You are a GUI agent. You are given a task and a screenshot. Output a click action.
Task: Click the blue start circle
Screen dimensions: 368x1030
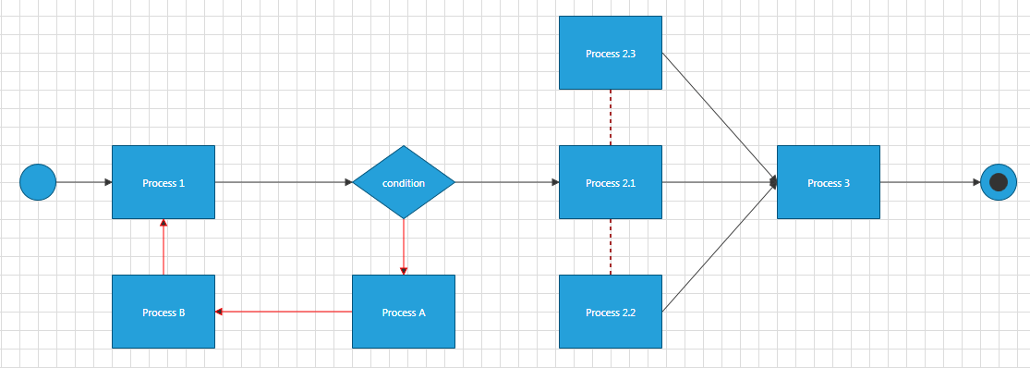pos(38,182)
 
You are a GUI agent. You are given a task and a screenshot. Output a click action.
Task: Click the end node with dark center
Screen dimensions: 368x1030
pos(998,182)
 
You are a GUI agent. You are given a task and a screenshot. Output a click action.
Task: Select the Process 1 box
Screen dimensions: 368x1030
pos(164,182)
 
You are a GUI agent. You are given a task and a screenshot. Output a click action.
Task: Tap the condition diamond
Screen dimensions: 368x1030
pos(404,182)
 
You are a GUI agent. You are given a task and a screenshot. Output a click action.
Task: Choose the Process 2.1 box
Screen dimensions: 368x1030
pos(611,182)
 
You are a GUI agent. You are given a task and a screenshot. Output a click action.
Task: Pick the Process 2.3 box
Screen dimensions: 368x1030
pos(611,53)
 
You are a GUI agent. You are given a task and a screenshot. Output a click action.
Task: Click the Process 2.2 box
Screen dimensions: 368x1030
pos(611,312)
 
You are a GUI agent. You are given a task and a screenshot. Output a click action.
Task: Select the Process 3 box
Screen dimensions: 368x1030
pos(829,182)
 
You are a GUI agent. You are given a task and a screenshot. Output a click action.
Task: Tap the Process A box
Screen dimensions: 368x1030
pos(404,312)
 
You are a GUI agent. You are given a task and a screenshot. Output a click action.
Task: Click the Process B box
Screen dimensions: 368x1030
pos(164,312)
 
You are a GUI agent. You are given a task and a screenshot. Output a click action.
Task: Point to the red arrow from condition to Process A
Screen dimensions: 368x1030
pos(404,246)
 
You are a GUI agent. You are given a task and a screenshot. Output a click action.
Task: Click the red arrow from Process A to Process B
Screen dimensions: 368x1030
pos(284,312)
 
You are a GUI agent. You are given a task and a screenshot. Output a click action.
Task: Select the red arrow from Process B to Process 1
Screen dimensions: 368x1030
pos(164,247)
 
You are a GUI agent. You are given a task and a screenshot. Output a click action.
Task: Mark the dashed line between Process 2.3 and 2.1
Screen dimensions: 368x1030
pos(611,117)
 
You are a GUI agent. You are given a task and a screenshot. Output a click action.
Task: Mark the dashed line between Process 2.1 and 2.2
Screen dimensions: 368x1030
pos(611,247)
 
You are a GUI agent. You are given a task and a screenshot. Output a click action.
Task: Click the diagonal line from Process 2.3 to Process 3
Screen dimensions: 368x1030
pos(719,117)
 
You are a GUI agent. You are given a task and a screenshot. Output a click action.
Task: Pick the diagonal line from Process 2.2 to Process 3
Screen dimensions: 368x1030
pos(719,248)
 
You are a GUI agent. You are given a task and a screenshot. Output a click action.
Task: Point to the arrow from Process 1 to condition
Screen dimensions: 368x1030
pos(284,182)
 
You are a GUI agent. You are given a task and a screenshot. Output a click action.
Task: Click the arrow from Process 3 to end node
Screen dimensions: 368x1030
pos(930,182)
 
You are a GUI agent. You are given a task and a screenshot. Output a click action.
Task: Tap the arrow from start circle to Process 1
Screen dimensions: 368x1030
pos(84,182)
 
